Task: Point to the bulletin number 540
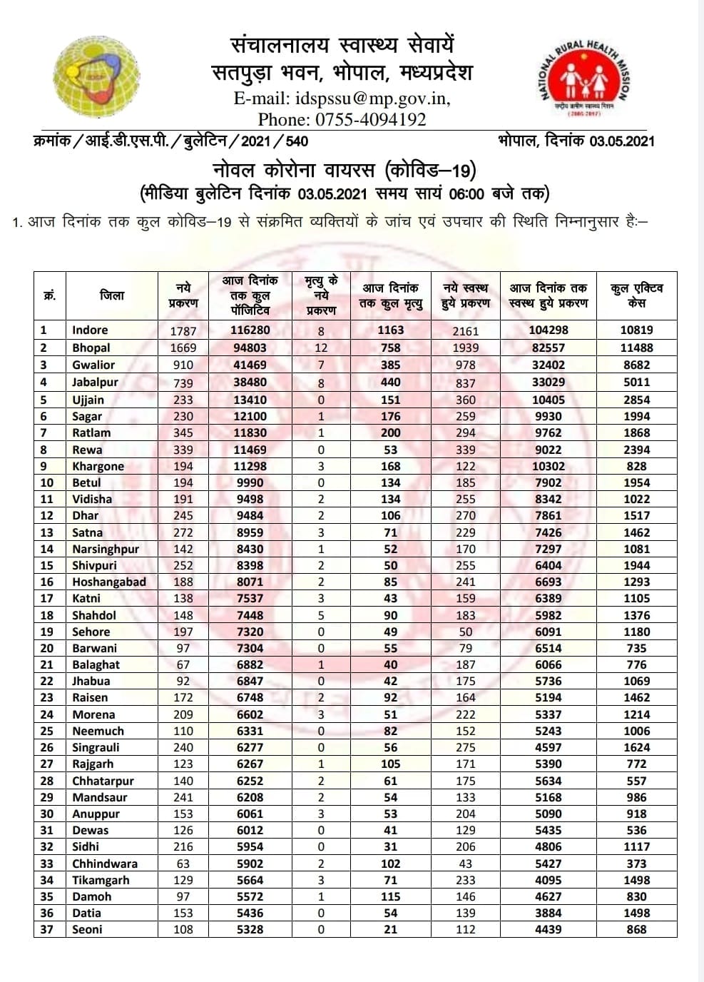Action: coord(296,141)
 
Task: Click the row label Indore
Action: coord(90,330)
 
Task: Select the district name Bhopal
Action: coord(91,348)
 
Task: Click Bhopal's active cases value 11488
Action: coord(636,348)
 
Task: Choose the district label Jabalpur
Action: coord(95,382)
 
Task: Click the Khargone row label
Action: coord(98,466)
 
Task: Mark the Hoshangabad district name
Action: coord(108,582)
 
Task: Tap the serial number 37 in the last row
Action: coord(46,929)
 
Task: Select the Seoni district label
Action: coord(87,929)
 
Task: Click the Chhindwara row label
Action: coord(104,864)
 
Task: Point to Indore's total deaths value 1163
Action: coord(390,330)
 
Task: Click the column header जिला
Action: coord(112,295)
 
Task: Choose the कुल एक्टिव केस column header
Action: coord(636,295)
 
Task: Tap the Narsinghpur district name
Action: coord(106,549)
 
